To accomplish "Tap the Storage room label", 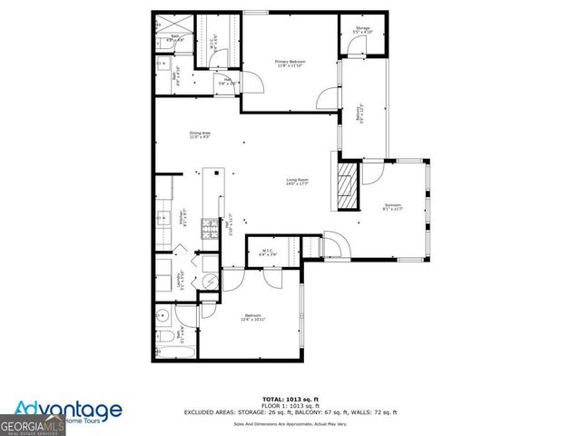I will pyautogui.click(x=363, y=30).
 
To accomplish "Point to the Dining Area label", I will pyautogui.click(x=201, y=134).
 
